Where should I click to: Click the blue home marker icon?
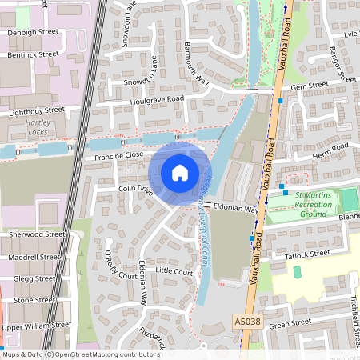pos(180,173)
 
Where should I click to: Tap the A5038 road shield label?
pos(247,321)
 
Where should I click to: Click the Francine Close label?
pos(118,155)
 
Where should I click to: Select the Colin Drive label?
pos(135,189)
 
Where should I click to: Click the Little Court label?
pos(174,272)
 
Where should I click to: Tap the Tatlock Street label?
pos(307,254)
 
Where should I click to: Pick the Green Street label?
pos(289,323)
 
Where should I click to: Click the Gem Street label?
pos(310,85)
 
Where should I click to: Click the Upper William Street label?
pos(35,327)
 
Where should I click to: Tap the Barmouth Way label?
pos(196,64)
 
